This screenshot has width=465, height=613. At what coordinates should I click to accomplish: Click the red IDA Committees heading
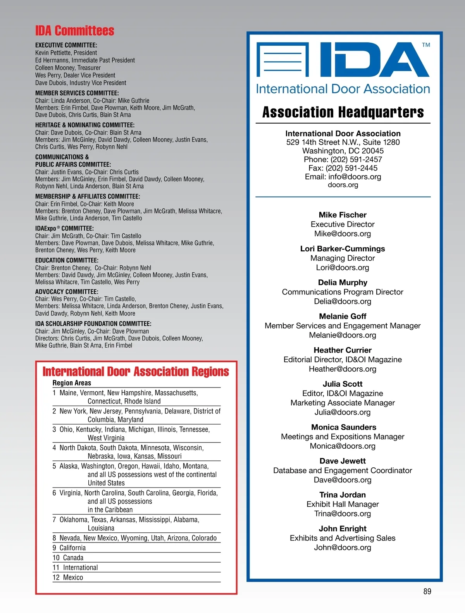[x=75, y=31]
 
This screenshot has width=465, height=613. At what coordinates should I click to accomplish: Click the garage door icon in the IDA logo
[x=282, y=59]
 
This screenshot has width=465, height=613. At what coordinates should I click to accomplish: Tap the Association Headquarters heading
[x=343, y=112]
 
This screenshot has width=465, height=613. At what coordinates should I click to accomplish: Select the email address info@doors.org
[x=355, y=177]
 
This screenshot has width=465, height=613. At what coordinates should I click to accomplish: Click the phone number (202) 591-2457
[x=356, y=160]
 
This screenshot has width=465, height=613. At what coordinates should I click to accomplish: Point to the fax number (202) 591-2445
[x=351, y=168]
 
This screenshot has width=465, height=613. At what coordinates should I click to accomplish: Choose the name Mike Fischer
[x=343, y=215]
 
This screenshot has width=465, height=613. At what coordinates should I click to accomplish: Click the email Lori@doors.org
[x=343, y=267]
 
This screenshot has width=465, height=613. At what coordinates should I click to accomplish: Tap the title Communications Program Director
[x=343, y=292]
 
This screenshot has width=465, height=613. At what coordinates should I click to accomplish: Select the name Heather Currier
[x=343, y=350]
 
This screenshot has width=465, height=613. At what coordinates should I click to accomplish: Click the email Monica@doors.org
[x=343, y=446]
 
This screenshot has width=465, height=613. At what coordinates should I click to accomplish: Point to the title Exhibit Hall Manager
[x=343, y=504]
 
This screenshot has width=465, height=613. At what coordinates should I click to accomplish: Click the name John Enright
[x=343, y=529]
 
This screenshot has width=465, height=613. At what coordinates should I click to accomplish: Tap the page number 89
[x=427, y=591]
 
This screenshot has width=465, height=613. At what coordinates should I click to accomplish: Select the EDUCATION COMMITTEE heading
[x=67, y=260]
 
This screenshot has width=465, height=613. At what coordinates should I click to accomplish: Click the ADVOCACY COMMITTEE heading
[x=67, y=292]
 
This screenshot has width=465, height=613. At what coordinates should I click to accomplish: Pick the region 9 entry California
[x=72, y=548]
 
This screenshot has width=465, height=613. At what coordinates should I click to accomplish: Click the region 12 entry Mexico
[x=73, y=577]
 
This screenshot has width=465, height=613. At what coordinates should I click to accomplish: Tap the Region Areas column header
[x=72, y=383]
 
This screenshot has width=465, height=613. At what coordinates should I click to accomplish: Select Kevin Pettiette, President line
[x=66, y=53]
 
